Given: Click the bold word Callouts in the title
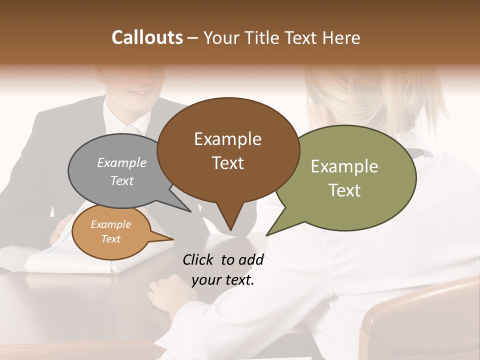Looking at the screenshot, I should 147,37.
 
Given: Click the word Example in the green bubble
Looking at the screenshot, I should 344,166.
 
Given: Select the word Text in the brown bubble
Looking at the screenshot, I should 228,163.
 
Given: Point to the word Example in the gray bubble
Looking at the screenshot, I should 122,162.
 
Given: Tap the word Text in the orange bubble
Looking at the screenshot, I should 111,239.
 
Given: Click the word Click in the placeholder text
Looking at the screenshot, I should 198,259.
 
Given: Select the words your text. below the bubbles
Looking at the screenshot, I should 223,280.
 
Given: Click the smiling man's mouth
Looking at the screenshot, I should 138,93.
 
